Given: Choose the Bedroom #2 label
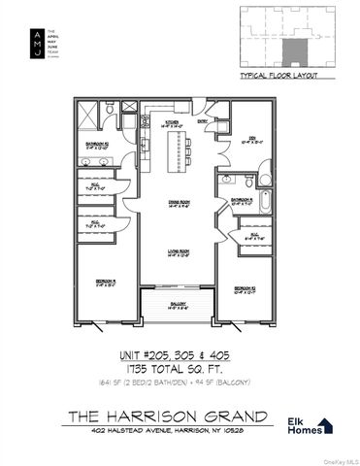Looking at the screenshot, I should [245, 288].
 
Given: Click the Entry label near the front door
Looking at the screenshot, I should [203, 121].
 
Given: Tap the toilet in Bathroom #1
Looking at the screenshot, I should [249, 182].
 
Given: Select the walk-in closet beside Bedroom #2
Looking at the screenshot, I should [254, 235].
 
